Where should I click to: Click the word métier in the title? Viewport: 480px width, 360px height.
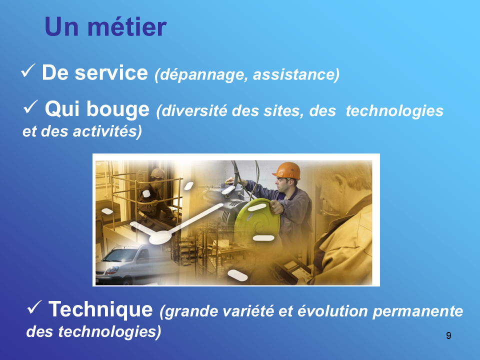[x=127, y=26]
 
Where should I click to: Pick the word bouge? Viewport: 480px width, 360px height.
[x=118, y=109]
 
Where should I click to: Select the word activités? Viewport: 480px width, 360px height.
[x=107, y=131]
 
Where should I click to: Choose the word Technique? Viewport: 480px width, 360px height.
[x=100, y=309]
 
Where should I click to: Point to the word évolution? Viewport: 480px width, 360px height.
[x=333, y=311]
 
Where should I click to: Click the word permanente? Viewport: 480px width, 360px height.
[x=418, y=311]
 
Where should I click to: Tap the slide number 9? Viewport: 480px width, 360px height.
[x=448, y=335]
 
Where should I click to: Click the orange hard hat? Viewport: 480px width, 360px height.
[x=286, y=170]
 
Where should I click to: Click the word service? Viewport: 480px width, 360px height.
[x=111, y=73]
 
